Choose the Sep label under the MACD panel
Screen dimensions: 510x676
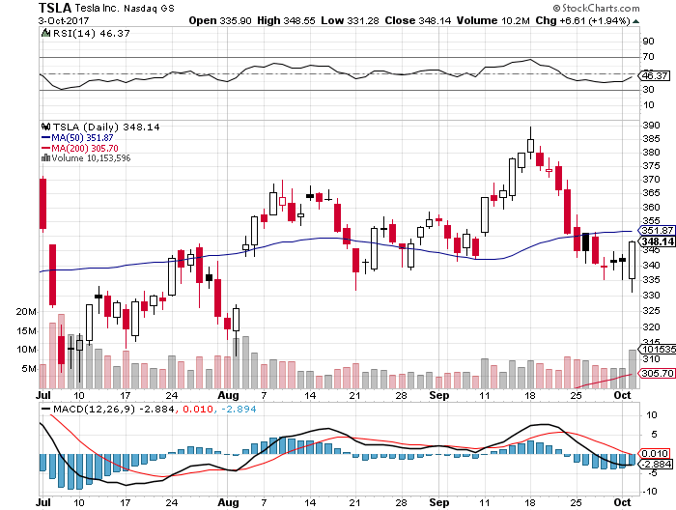coord(438,503)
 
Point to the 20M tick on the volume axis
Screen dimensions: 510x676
coord(25,312)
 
